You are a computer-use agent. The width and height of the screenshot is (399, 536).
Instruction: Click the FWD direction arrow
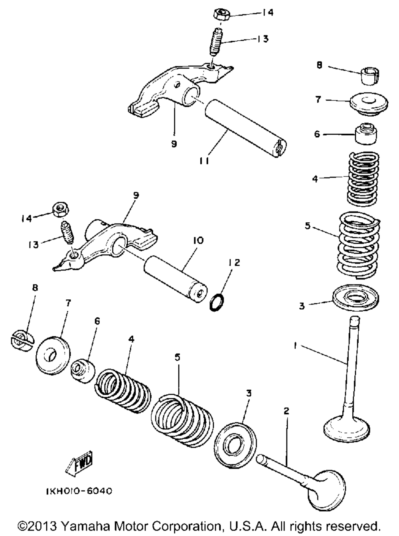coord(79,465)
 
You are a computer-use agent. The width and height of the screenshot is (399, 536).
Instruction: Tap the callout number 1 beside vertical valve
coord(295,346)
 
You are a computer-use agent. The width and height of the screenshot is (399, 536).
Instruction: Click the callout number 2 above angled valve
coord(286,411)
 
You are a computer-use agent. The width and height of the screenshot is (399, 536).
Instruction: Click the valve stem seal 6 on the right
coord(366,136)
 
